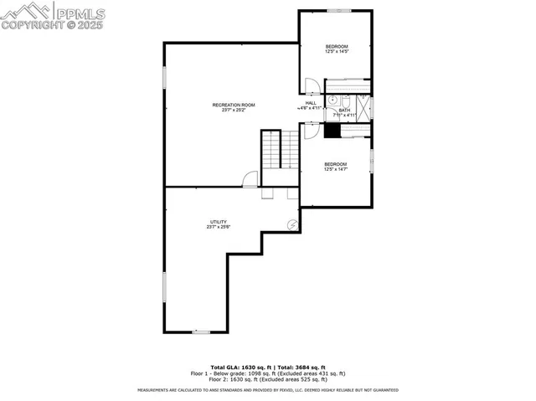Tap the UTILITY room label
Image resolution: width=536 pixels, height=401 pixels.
click(x=219, y=222)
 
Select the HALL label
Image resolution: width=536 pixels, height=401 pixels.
click(x=310, y=103)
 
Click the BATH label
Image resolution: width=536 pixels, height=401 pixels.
click(x=344, y=110)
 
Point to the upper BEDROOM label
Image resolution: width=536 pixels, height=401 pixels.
click(x=336, y=46)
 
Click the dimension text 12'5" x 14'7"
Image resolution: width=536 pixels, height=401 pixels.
click(x=336, y=169)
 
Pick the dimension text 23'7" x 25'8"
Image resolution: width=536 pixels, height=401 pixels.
click(x=219, y=227)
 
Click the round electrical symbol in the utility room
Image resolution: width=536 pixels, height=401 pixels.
click(x=292, y=224)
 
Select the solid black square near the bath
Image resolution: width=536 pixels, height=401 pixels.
click(x=332, y=130)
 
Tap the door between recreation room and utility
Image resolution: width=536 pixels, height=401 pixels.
click(x=250, y=178)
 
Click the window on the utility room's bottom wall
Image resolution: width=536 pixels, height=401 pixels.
click(x=201, y=332)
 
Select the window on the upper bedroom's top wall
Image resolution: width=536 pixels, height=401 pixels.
click(x=338, y=11)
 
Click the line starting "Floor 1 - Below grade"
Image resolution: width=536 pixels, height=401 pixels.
click(x=267, y=373)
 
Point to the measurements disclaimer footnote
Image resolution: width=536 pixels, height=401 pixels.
click(x=267, y=390)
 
